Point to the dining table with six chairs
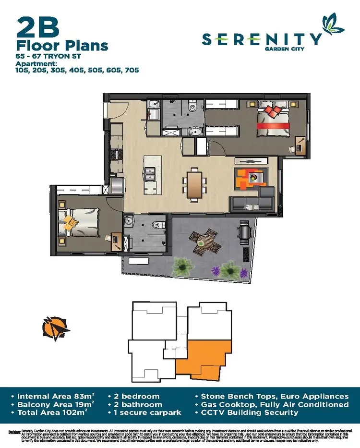point(194,183)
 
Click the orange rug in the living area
point(250,179)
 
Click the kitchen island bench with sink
point(149,174)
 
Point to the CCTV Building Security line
point(250,412)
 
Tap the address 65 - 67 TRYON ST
point(46,57)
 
